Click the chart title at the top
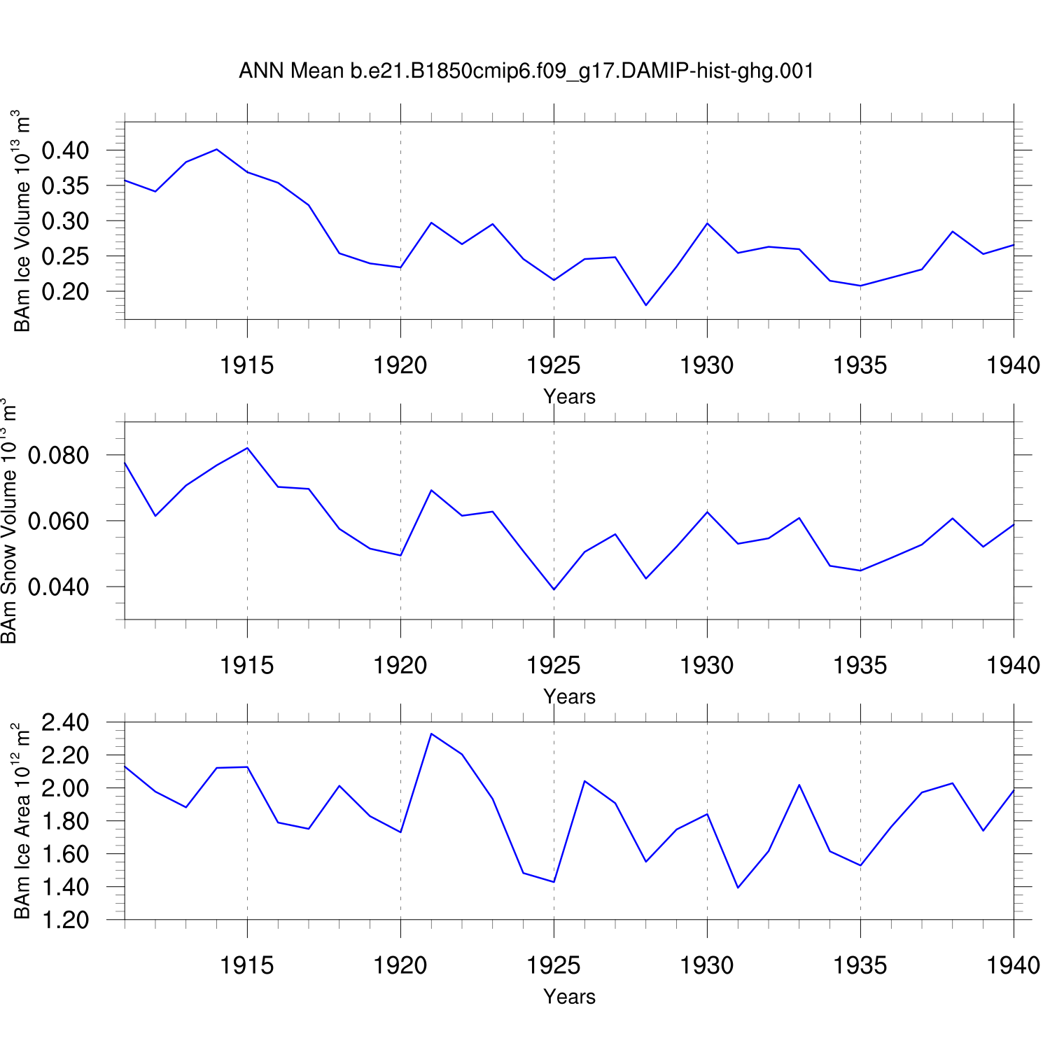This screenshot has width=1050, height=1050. coord(526,71)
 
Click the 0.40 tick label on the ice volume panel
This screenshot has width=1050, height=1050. coord(65,150)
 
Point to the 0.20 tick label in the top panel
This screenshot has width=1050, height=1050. coord(65,291)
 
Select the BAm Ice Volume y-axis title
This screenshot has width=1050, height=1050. coord(22,220)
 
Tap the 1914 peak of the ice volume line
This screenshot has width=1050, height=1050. coord(217,149)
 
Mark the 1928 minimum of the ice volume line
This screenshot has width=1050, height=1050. coord(646,305)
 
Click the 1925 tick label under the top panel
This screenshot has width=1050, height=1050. coord(553,365)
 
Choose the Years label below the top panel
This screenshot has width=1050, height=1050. coord(569,397)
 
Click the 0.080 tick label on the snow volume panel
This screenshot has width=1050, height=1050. coord(58,456)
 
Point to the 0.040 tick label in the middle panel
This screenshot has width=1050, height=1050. coord(58,587)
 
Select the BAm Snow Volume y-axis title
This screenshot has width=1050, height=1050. coord(8,521)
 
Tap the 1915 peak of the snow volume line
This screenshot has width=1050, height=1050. coord(247,448)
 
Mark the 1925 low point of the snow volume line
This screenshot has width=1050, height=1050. coord(554,589)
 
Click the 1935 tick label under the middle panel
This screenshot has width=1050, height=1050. coord(860,666)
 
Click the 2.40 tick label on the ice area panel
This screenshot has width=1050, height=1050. coord(65,722)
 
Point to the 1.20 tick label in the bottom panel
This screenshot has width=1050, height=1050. coord(65,920)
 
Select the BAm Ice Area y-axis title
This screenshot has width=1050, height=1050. coord(22,821)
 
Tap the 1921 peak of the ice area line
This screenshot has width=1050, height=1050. coord(431,734)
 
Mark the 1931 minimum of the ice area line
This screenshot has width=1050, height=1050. coord(738,888)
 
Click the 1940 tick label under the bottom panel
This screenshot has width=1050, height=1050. coord(1012,966)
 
